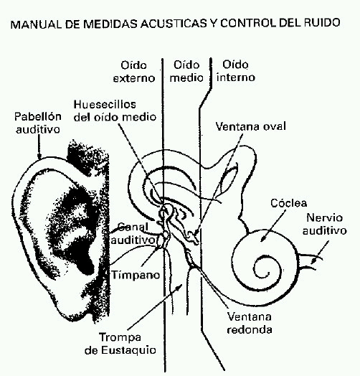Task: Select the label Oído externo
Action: click(x=134, y=72)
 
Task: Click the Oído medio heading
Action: click(x=186, y=71)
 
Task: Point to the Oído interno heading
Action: click(x=236, y=71)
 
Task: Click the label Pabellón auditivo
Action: click(x=37, y=123)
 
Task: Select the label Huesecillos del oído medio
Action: click(x=115, y=111)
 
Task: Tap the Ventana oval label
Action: click(x=251, y=126)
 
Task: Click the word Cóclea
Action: click(x=288, y=203)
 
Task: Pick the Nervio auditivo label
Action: click(x=325, y=224)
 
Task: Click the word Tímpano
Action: click(x=136, y=275)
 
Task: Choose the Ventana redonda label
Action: click(x=250, y=323)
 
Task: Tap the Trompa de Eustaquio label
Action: click(x=120, y=344)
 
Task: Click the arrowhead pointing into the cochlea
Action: click(x=262, y=239)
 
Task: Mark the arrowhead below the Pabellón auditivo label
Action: click(x=39, y=156)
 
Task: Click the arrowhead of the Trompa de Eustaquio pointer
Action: click(x=180, y=286)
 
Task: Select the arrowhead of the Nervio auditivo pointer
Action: click(x=313, y=261)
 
